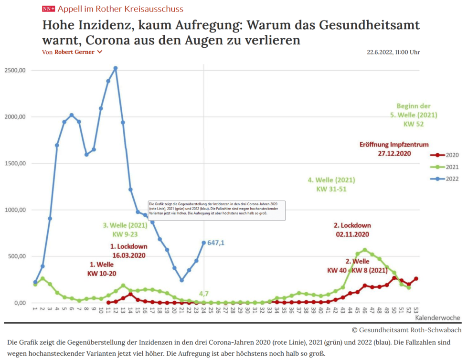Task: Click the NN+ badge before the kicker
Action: pos(48,9)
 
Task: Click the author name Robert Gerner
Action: pos(74,52)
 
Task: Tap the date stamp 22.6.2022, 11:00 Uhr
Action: pos(394,52)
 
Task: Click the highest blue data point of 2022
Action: pos(116,68)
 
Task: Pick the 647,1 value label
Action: pos(216,243)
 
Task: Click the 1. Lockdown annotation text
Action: pos(128,246)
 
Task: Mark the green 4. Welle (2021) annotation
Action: pos(331,180)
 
